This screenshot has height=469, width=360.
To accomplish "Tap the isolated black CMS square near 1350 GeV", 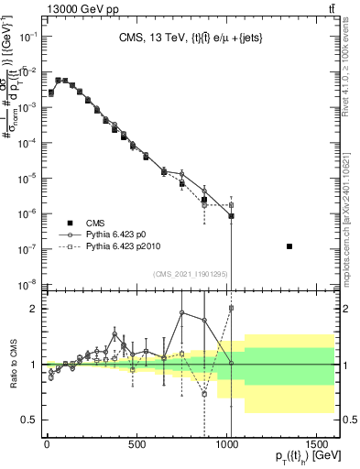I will pos(289,246).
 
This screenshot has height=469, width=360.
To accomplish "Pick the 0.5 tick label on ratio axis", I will pos(25,420).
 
